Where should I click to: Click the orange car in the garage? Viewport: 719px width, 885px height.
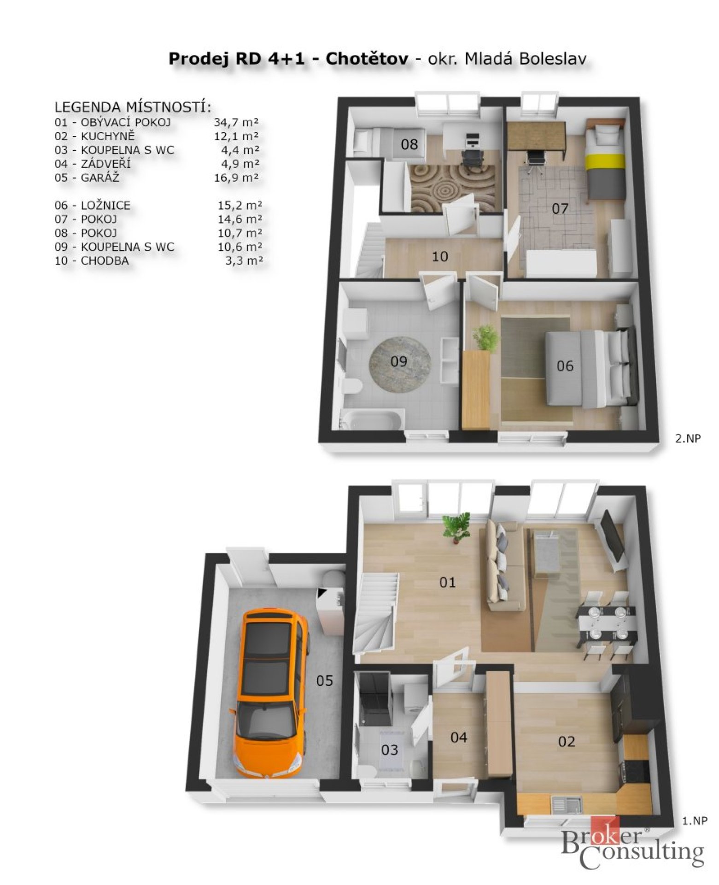click(x=269, y=693)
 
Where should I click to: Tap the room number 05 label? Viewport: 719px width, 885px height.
click(x=324, y=680)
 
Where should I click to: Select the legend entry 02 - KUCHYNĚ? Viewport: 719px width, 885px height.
click(x=94, y=136)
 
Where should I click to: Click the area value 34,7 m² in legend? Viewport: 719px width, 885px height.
click(x=236, y=123)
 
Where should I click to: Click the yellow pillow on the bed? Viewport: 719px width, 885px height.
click(x=605, y=161)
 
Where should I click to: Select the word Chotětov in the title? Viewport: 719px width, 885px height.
click(x=367, y=59)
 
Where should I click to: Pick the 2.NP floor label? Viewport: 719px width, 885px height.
click(x=688, y=438)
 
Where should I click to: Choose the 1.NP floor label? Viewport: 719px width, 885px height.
click(x=694, y=820)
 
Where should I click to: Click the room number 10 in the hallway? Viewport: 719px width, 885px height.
click(x=440, y=257)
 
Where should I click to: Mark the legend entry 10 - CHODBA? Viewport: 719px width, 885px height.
click(x=92, y=261)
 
